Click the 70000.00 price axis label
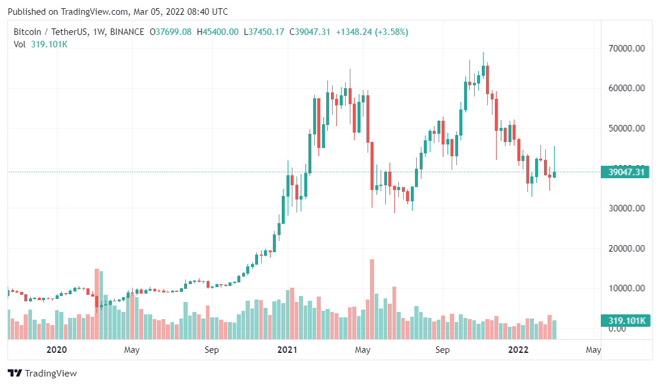(626, 49)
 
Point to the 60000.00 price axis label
(626, 88)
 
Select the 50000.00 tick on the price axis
(626, 128)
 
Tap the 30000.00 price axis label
(626, 208)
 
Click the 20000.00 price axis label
(626, 249)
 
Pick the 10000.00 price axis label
(626, 288)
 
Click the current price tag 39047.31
(626, 172)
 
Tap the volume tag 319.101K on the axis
(626, 321)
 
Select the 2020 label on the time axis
(56, 350)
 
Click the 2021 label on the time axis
(287, 350)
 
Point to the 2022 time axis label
(519, 350)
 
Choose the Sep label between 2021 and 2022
(442, 350)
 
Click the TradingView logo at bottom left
(42, 374)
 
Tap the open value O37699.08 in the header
(170, 32)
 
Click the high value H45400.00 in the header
(218, 32)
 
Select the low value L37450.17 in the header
(264, 32)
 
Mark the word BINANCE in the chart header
(127, 32)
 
